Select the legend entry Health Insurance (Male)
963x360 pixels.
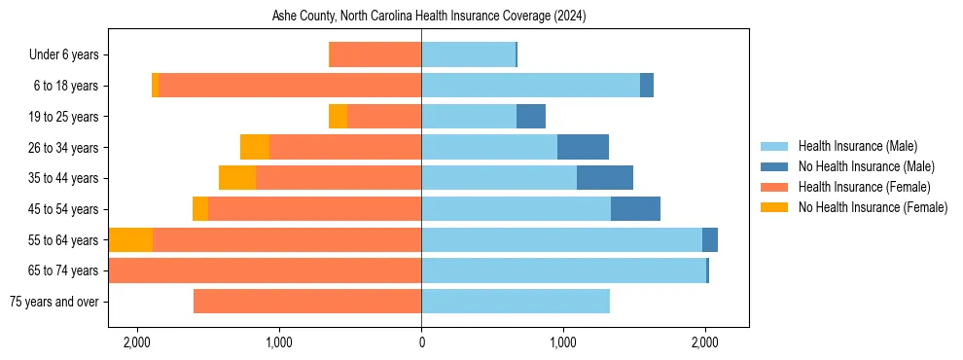click(x=857, y=146)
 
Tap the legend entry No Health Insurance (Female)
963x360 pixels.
click(x=873, y=207)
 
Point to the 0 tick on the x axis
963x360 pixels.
click(x=421, y=342)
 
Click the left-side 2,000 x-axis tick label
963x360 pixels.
click(x=137, y=342)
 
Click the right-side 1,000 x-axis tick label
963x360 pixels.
click(x=563, y=342)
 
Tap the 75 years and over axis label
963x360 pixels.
click(x=53, y=302)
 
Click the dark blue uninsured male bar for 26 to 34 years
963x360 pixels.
click(x=583, y=147)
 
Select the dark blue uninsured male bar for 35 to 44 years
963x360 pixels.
click(x=605, y=178)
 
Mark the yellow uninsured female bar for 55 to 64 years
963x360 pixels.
click(x=131, y=239)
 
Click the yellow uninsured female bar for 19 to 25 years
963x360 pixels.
click(x=338, y=117)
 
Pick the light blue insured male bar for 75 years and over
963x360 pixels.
click(x=516, y=302)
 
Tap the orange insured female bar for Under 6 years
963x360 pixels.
click(x=375, y=55)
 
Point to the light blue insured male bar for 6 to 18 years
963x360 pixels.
click(x=530, y=86)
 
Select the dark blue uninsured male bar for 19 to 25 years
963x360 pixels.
click(x=531, y=117)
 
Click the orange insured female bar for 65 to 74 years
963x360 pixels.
click(x=265, y=270)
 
